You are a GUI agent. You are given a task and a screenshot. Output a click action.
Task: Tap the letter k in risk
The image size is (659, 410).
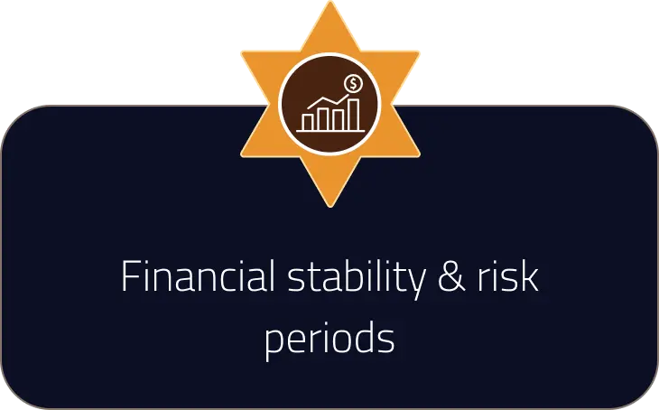[531, 277]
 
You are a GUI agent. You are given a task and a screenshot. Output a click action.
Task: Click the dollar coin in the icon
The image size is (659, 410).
[355, 84]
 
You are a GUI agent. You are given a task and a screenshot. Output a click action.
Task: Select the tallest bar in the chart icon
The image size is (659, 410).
[355, 113]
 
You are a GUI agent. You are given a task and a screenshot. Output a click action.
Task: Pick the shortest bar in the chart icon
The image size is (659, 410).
[308, 120]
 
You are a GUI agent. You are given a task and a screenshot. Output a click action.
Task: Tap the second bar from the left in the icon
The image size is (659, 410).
[323, 117]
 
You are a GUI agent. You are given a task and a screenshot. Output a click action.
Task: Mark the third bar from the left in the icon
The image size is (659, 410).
[339, 115]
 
